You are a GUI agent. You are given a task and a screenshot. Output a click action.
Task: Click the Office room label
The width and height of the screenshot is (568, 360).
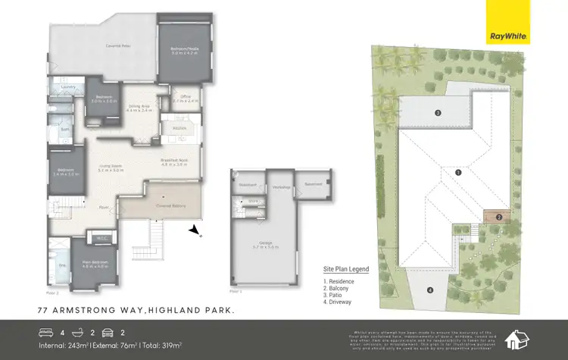(x=185, y=98)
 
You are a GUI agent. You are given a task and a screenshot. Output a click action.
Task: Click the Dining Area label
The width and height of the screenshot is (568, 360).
(x=139, y=109)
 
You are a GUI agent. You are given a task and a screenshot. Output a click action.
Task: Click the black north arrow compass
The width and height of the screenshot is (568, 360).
(x=195, y=230)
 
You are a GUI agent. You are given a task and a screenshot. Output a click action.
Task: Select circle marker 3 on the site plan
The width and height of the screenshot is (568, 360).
(x=438, y=114)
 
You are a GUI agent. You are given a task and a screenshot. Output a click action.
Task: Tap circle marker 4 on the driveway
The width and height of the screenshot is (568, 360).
(x=429, y=289)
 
